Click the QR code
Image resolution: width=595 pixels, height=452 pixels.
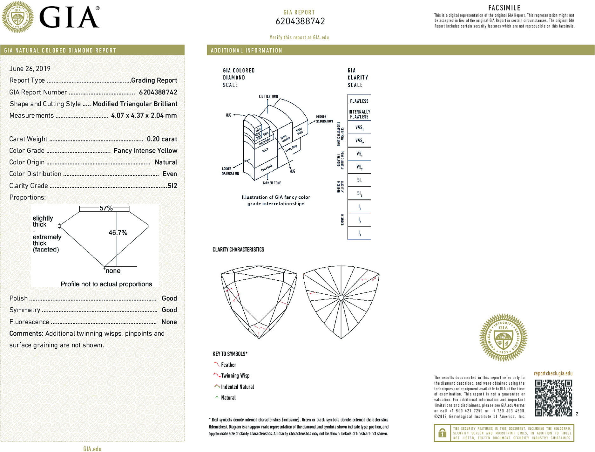click(553, 398)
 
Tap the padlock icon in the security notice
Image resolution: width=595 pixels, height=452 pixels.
click(442, 433)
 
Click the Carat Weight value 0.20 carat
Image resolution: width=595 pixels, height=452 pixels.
click(162, 139)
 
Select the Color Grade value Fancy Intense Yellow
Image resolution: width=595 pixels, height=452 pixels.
click(145, 151)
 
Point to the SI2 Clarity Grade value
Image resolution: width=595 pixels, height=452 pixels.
click(172, 186)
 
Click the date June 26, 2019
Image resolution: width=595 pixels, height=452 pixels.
click(30, 69)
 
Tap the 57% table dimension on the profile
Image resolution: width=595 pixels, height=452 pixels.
click(106, 208)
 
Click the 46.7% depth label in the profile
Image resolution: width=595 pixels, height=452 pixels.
click(118, 233)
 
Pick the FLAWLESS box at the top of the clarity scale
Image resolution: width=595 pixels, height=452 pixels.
click(359, 101)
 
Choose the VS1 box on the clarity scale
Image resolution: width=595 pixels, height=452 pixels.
click(359, 154)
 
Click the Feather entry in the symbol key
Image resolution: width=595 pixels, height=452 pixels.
click(228, 365)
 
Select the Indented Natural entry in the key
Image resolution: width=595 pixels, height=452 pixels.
click(237, 387)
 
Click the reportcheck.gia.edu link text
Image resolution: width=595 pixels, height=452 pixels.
click(553, 373)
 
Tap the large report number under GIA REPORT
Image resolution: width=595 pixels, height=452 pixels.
click(300, 21)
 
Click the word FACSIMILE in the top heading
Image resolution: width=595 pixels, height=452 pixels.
click(504, 8)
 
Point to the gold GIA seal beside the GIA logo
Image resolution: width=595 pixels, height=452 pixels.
click(18, 17)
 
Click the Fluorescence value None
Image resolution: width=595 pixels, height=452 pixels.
click(169, 322)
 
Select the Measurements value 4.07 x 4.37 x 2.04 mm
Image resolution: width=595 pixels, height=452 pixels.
click(144, 115)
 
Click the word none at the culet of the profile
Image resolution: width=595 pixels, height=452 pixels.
click(113, 271)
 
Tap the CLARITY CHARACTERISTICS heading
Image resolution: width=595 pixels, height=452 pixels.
click(238, 250)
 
